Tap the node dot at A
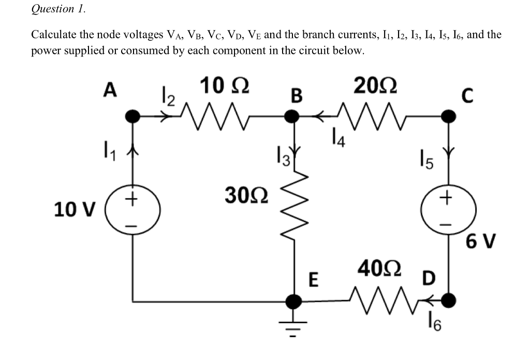tap(134, 117)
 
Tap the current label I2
tap(165, 96)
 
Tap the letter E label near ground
tap(313, 280)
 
